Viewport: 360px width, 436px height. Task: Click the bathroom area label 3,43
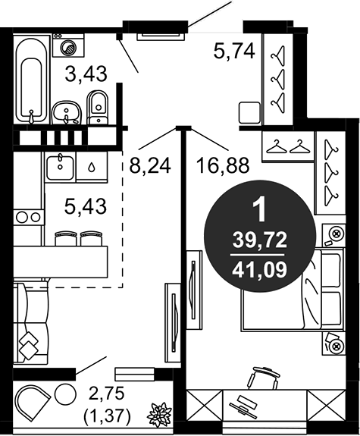(x=86, y=74)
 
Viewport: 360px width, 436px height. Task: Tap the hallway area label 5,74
(x=234, y=52)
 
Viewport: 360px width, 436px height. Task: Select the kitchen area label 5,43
(x=86, y=206)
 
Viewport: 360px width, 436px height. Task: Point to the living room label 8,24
(x=150, y=166)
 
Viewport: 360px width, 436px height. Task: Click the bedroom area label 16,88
(x=223, y=165)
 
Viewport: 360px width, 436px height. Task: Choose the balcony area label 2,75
(x=107, y=394)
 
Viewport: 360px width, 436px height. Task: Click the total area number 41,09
(x=260, y=270)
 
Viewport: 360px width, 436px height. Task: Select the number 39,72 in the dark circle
(x=260, y=240)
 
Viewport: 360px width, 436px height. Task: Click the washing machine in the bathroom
(x=68, y=45)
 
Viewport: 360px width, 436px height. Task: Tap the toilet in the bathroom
(x=97, y=108)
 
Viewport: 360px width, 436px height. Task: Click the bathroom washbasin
(x=67, y=113)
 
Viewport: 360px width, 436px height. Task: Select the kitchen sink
(x=60, y=168)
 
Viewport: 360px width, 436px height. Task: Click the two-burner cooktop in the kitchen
(x=28, y=217)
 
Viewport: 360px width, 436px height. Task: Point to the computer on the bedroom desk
(x=243, y=409)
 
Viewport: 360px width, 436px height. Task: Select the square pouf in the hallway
(x=249, y=112)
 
